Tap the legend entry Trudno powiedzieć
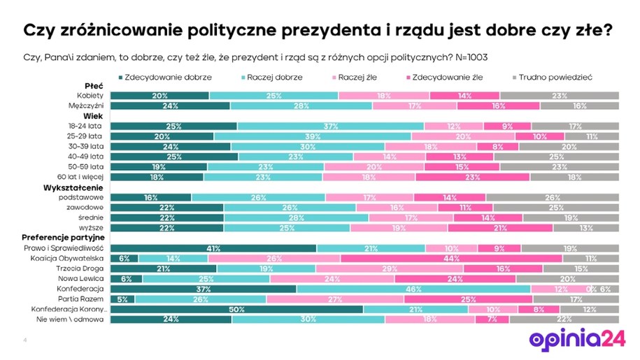(557, 77)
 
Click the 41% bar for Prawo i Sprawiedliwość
(214, 247)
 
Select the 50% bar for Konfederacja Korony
(237, 309)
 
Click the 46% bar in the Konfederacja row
(413, 289)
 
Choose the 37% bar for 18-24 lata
(330, 127)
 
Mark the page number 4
(25, 340)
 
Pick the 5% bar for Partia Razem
(122, 299)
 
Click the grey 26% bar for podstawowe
(553, 198)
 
